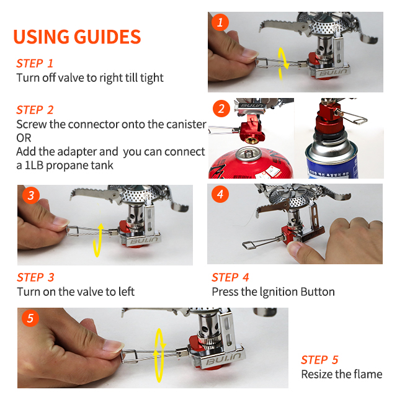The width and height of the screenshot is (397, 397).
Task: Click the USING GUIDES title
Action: tap(77, 37)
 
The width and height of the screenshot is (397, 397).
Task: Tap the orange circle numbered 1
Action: tap(220, 22)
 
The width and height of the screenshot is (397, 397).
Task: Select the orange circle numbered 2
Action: tap(221, 109)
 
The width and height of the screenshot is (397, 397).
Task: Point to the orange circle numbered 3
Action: tap(31, 195)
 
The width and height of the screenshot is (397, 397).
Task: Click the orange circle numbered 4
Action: tap(220, 194)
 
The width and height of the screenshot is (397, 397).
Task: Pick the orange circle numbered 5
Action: tap(30, 318)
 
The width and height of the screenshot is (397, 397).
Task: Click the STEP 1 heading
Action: tap(35, 63)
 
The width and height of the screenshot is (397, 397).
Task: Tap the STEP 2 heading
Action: tap(35, 110)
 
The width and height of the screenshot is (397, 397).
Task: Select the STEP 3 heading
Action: tap(35, 277)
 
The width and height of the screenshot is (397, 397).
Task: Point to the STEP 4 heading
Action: tap(230, 277)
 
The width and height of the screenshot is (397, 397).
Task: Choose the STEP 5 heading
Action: tap(319, 360)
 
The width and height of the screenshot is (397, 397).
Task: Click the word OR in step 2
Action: tap(24, 138)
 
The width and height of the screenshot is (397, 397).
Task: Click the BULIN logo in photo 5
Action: tap(223, 359)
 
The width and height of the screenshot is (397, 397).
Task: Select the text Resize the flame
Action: tap(342, 374)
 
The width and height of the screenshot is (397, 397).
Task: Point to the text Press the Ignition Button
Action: tap(273, 292)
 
